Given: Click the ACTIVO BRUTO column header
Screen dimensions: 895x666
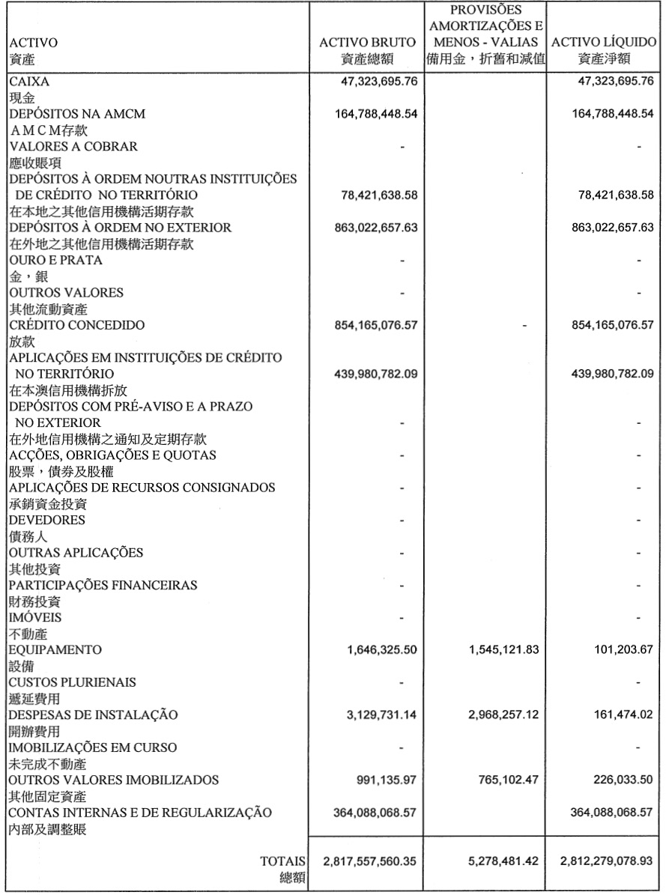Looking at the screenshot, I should [366, 43].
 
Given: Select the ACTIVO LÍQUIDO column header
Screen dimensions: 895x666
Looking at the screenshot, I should [604, 43].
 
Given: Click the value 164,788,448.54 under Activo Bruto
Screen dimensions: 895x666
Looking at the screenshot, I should [369, 114].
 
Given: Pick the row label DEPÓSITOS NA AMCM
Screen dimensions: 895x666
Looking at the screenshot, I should [76, 114].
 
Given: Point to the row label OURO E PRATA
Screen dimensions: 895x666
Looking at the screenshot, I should [55, 260].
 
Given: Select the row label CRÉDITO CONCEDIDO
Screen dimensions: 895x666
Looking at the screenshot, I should [76, 325].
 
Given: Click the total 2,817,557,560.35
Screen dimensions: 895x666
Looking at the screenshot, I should [369, 861].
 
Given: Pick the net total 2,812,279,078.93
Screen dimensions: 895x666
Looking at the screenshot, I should [604, 861].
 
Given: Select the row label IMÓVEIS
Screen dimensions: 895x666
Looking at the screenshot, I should [35, 617].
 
